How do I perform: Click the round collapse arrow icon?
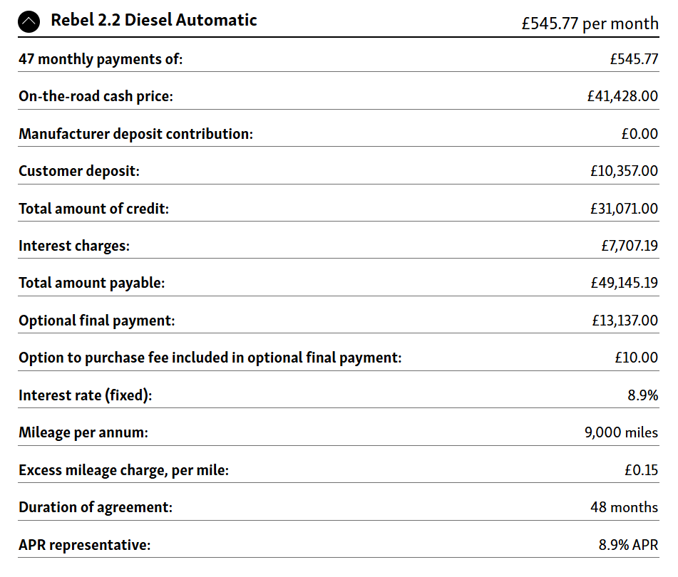tap(30, 22)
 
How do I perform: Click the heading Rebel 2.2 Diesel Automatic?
tap(153, 20)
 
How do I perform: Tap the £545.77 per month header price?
tap(590, 24)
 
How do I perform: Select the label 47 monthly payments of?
tap(101, 58)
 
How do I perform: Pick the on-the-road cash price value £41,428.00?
tap(617, 95)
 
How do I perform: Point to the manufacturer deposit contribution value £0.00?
tap(640, 133)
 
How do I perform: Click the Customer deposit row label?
tap(79, 171)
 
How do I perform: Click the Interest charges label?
tap(74, 246)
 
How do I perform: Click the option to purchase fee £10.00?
tap(636, 358)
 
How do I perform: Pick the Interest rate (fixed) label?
tap(85, 395)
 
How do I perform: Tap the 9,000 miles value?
tap(621, 432)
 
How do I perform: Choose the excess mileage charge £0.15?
tap(640, 470)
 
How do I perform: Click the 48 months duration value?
tap(624, 507)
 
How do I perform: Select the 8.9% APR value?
tap(628, 545)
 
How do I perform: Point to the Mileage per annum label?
tap(83, 432)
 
